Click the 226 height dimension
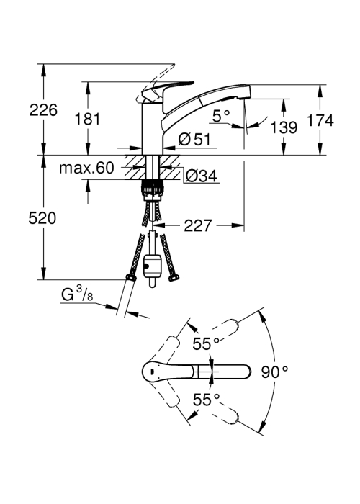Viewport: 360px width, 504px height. click(43, 110)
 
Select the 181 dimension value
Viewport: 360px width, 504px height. click(87, 120)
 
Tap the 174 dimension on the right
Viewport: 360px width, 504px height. click(320, 120)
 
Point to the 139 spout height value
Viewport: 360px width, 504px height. click(284, 127)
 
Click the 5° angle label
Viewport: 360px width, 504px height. click(222, 116)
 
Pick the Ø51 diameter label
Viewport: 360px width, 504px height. click(194, 140)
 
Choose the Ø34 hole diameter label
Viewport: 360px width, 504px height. click(202, 176)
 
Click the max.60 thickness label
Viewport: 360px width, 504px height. click(87, 168)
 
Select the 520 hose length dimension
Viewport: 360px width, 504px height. click(42, 218)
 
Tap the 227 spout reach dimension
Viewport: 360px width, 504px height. click(198, 225)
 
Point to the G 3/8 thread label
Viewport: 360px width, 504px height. click(77, 294)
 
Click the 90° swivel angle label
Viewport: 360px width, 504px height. click(274, 372)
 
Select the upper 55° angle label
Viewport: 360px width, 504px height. click(206, 344)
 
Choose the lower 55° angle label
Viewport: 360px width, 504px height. click(206, 400)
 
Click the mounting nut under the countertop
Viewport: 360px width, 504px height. click(152, 190)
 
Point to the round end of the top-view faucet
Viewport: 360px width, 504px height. click(152, 372)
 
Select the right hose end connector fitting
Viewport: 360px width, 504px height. click(174, 278)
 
